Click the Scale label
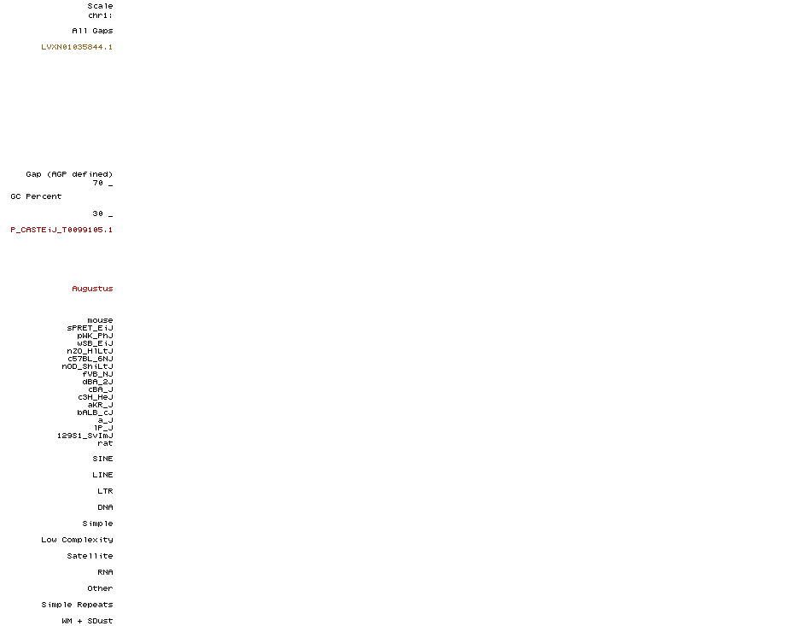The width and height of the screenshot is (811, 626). pyautogui.click(x=100, y=6)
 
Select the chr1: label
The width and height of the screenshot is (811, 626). pyautogui.click(x=100, y=15)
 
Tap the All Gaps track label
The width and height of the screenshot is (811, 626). pyautogui.click(x=92, y=31)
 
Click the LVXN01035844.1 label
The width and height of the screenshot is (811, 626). pyautogui.click(x=77, y=47)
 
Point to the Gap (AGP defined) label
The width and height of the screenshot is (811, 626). pyautogui.click(x=69, y=174)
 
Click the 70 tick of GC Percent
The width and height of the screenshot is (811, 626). pyautogui.click(x=98, y=183)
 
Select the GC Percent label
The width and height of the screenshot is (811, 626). pyautogui.click(x=36, y=196)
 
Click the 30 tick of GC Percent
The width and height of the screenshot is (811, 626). pyautogui.click(x=98, y=214)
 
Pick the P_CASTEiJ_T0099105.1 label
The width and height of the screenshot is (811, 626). pyautogui.click(x=61, y=230)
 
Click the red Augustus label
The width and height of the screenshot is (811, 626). pyautogui.click(x=92, y=289)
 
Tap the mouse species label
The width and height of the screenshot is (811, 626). pyautogui.click(x=100, y=320)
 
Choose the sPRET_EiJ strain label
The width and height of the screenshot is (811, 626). pyautogui.click(x=90, y=328)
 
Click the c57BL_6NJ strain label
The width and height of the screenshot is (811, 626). pyautogui.click(x=90, y=359)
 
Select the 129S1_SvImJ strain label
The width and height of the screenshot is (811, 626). pyautogui.click(x=85, y=436)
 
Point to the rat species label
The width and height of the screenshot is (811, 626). pyautogui.click(x=105, y=443)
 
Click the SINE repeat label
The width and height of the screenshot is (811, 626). pyautogui.click(x=102, y=459)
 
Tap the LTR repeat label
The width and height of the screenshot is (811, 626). pyautogui.click(x=105, y=491)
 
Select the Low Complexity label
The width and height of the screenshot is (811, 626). pyautogui.click(x=77, y=540)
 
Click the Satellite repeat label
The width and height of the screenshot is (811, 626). pyautogui.click(x=90, y=556)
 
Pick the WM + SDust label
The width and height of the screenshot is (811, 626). pyautogui.click(x=87, y=621)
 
